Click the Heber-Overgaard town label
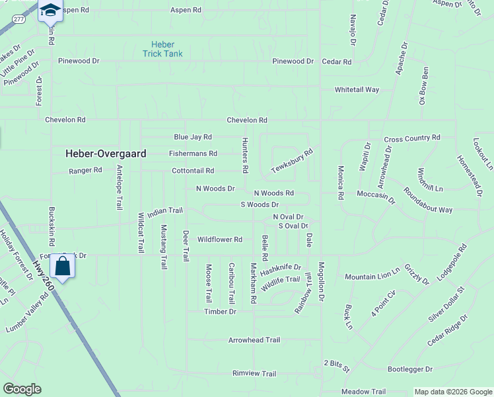[106, 153]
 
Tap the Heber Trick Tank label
[162, 49]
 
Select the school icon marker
[50, 11]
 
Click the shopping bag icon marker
[63, 267]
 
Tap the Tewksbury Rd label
[291, 161]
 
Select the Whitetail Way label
[357, 89]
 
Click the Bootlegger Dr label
[409, 369]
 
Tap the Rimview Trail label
[254, 373]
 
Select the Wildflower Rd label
[220, 239]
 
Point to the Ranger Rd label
[86, 170]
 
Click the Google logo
[22, 389]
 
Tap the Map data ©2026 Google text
[452, 392]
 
